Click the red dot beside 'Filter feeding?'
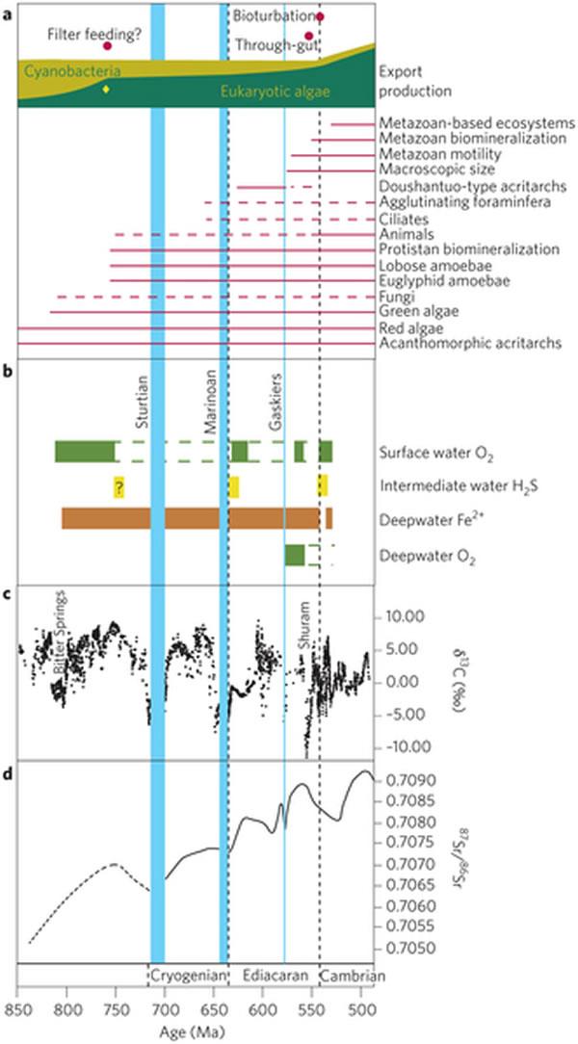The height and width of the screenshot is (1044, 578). tap(108, 46)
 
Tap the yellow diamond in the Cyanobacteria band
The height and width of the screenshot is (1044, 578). tap(106, 90)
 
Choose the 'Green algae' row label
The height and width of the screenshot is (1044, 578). tap(419, 312)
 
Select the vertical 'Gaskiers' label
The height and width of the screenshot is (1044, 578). tap(275, 396)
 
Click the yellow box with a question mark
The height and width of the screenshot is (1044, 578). tap(118, 487)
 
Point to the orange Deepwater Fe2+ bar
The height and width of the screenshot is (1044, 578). tap(193, 518)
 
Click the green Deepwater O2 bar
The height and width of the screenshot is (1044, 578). tap(295, 555)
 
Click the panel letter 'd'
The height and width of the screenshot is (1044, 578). tap(7, 768)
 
